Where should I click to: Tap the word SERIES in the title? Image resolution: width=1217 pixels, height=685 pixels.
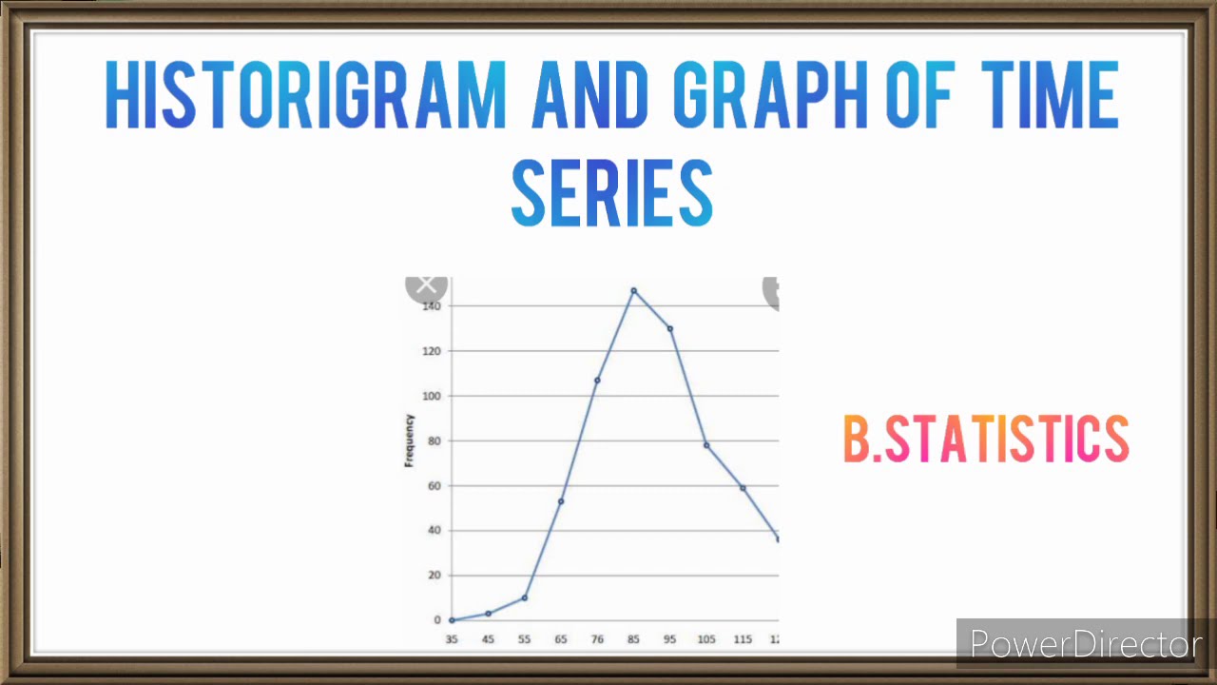tap(611, 193)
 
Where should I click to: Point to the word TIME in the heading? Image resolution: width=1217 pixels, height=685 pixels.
tap(1049, 95)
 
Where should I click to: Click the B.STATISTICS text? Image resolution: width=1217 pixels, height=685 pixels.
tap(986, 440)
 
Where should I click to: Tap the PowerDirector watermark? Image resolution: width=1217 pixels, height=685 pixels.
tap(1084, 644)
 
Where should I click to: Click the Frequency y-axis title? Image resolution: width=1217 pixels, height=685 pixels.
tap(410, 440)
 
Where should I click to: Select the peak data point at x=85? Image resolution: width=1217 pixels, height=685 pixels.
tap(633, 291)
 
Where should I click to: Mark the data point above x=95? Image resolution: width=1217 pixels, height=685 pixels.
tap(670, 328)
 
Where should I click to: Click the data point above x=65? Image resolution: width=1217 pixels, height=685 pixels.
tap(561, 501)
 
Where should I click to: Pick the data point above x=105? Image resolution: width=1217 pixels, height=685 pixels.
tap(706, 445)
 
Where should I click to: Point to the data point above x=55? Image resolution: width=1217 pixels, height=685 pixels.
tap(524, 597)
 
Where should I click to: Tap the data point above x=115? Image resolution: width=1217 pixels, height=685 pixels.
tap(743, 488)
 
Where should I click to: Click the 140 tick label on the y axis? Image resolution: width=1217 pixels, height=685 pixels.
tap(432, 306)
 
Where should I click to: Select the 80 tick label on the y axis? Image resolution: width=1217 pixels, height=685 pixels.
tap(434, 440)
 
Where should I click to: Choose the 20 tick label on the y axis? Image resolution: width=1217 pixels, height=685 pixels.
tap(434, 575)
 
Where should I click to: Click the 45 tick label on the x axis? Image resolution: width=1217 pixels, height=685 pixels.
tap(488, 639)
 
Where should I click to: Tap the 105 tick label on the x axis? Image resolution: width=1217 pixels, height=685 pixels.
tap(706, 639)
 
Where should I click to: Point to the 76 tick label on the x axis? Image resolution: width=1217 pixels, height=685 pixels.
tap(597, 639)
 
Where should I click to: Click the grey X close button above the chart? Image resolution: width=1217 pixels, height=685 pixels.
tap(426, 284)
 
